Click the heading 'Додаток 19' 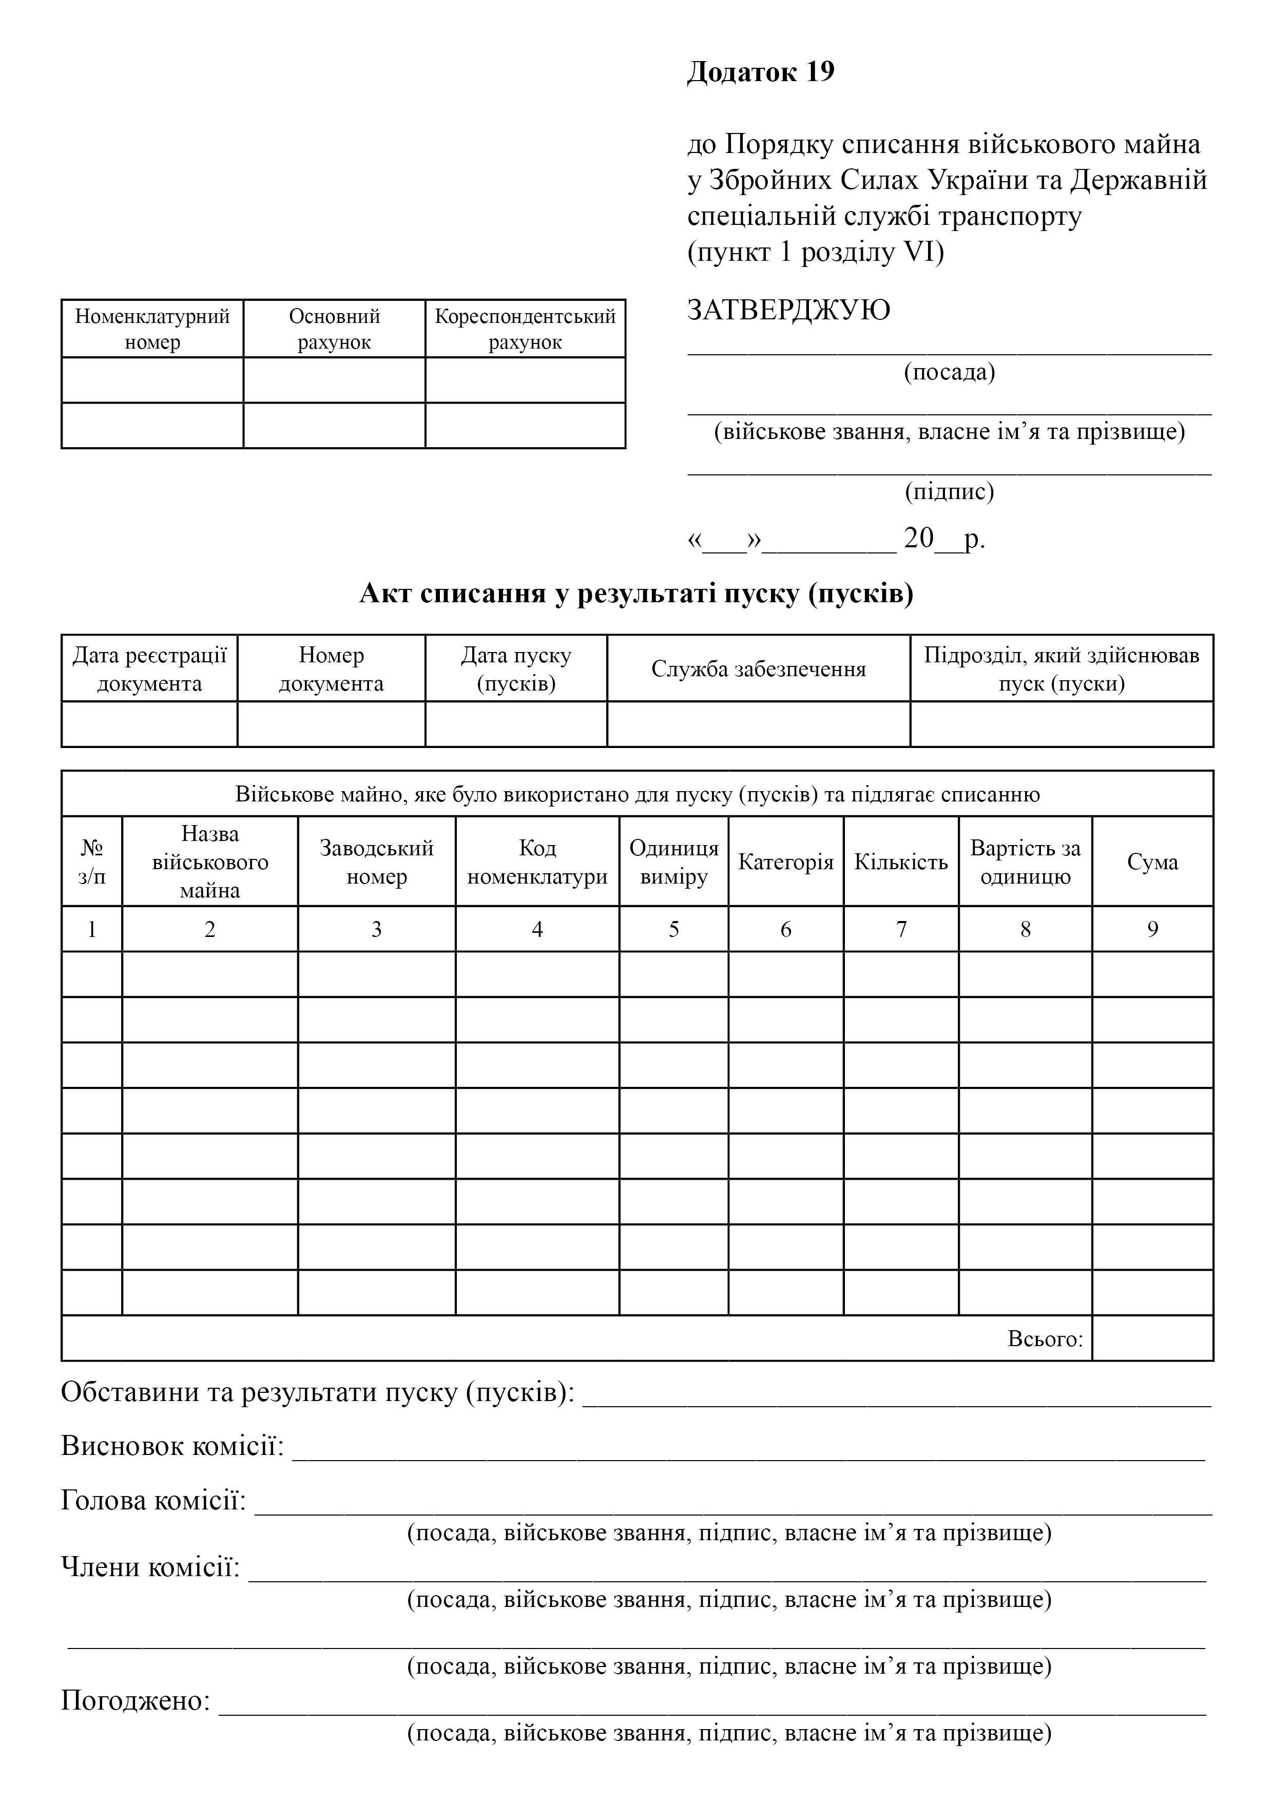(760, 72)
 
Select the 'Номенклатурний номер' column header (152, 329)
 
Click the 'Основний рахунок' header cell (334, 329)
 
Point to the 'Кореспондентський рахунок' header (525, 329)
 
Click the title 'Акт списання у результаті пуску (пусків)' (636, 594)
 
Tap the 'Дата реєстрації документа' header (149, 669)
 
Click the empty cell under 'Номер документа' (331, 724)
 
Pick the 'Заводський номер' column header (376, 862)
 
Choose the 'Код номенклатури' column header (537, 862)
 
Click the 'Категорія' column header (785, 862)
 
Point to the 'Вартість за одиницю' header (1025, 862)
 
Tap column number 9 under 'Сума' (1152, 930)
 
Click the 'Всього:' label (1045, 1339)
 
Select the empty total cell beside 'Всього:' (1152, 1338)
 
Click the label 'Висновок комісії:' (172, 1446)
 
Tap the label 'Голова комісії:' (153, 1501)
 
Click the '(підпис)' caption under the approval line (949, 492)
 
